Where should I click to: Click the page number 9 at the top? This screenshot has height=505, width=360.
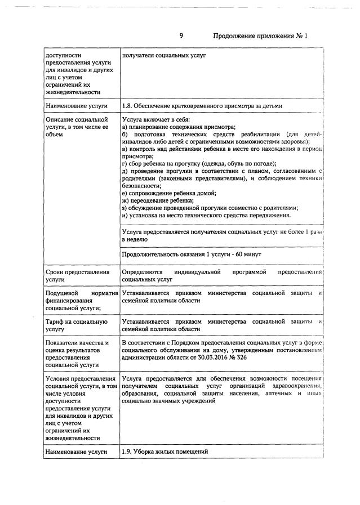tap(181, 35)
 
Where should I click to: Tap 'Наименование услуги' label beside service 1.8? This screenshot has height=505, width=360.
tap(77, 105)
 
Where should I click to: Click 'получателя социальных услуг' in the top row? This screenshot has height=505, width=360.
tap(164, 56)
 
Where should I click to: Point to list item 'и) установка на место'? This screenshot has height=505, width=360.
tap(206, 214)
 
